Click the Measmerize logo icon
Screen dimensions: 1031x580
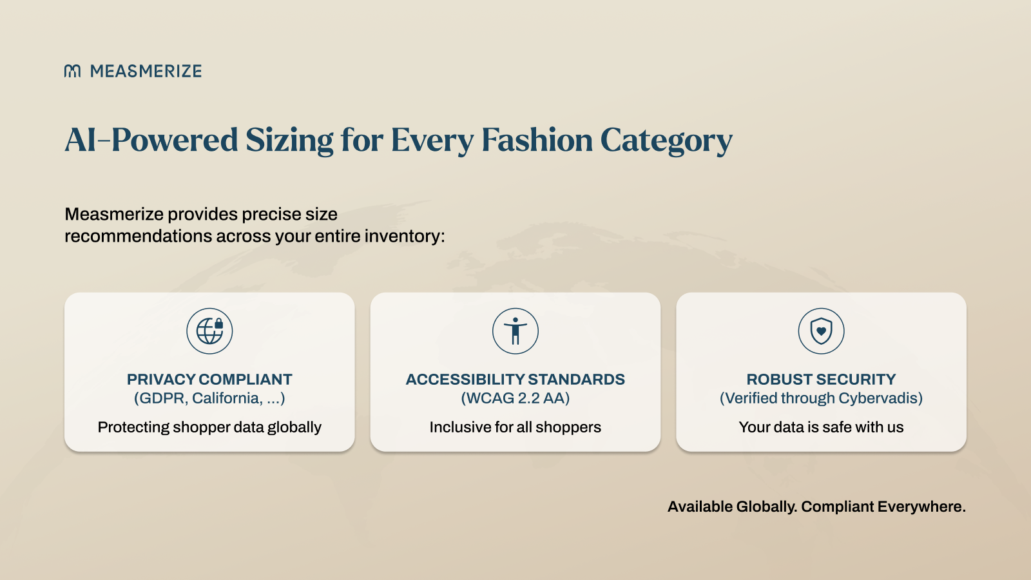pyautogui.click(x=72, y=71)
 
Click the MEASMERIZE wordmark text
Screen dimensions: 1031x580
pyautogui.click(x=146, y=71)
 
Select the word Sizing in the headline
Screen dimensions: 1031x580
pyautogui.click(x=289, y=140)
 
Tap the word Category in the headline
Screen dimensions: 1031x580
pyautogui.click(x=666, y=140)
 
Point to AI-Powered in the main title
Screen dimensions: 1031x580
pyautogui.click(x=151, y=140)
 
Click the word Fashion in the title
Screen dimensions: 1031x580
pyautogui.click(x=537, y=139)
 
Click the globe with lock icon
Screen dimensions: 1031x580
pyautogui.click(x=209, y=331)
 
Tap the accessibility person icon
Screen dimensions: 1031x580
pyautogui.click(x=515, y=331)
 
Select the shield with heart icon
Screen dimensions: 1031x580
pyautogui.click(x=821, y=331)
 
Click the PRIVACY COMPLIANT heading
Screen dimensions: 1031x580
pyautogui.click(x=209, y=380)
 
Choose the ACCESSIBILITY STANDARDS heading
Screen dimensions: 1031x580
pyautogui.click(x=515, y=380)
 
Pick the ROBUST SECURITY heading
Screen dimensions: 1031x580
pyautogui.click(x=821, y=380)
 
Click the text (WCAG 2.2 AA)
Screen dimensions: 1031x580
pyautogui.click(x=515, y=398)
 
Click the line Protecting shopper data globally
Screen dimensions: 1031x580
pyautogui.click(x=209, y=427)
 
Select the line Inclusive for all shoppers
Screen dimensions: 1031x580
pyautogui.click(x=515, y=427)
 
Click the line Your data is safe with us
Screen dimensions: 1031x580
pyautogui.click(x=821, y=427)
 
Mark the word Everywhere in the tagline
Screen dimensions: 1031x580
pyautogui.click(x=921, y=507)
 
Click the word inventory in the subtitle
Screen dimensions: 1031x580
pyautogui.click(x=405, y=236)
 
